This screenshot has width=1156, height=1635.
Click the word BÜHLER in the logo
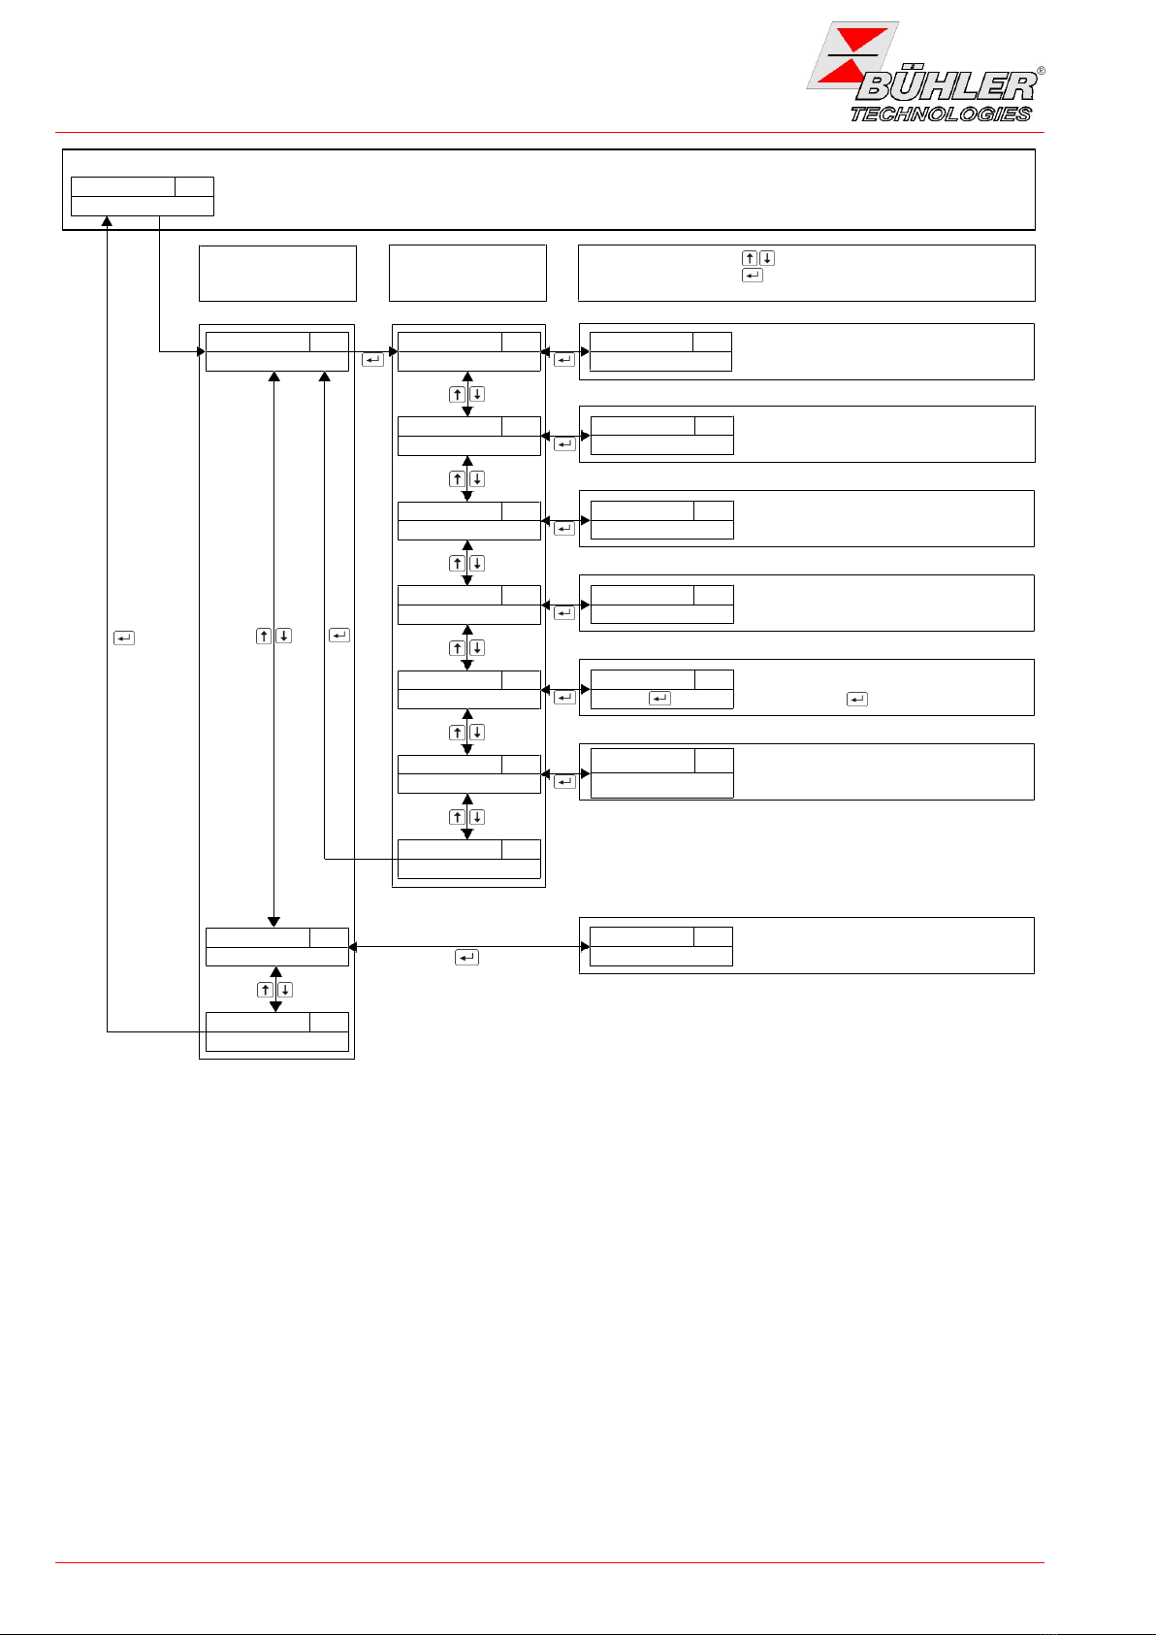945,87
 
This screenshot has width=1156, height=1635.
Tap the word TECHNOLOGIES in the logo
941,114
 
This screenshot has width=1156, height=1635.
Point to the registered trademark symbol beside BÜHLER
1041,71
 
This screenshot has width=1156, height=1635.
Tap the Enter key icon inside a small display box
659,699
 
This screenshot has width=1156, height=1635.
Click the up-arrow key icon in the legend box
750,258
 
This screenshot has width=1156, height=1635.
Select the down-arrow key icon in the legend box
767,258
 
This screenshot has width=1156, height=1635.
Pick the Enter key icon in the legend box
752,276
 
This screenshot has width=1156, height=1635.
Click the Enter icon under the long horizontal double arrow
466,958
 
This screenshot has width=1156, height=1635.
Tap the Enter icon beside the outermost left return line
124,638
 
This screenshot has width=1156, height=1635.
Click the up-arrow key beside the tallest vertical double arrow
264,637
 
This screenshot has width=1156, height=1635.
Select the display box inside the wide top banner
143,196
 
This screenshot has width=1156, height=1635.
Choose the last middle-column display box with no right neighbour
469,859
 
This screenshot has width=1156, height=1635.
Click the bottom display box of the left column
277,1031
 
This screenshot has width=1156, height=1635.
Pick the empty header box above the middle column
467,274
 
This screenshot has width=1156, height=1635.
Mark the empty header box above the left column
277,274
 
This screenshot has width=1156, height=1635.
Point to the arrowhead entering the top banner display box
107,222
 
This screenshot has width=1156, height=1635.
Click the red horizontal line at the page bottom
550,1562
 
